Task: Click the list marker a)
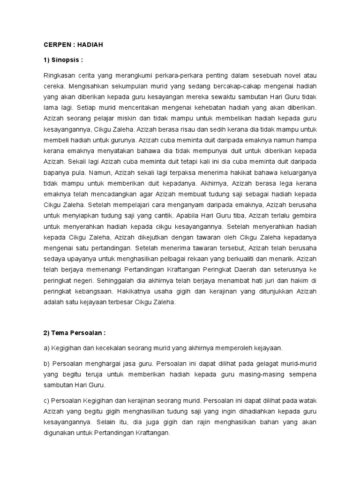pyautogui.click(x=46, y=348)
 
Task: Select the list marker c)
pyautogui.click(x=46, y=402)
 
